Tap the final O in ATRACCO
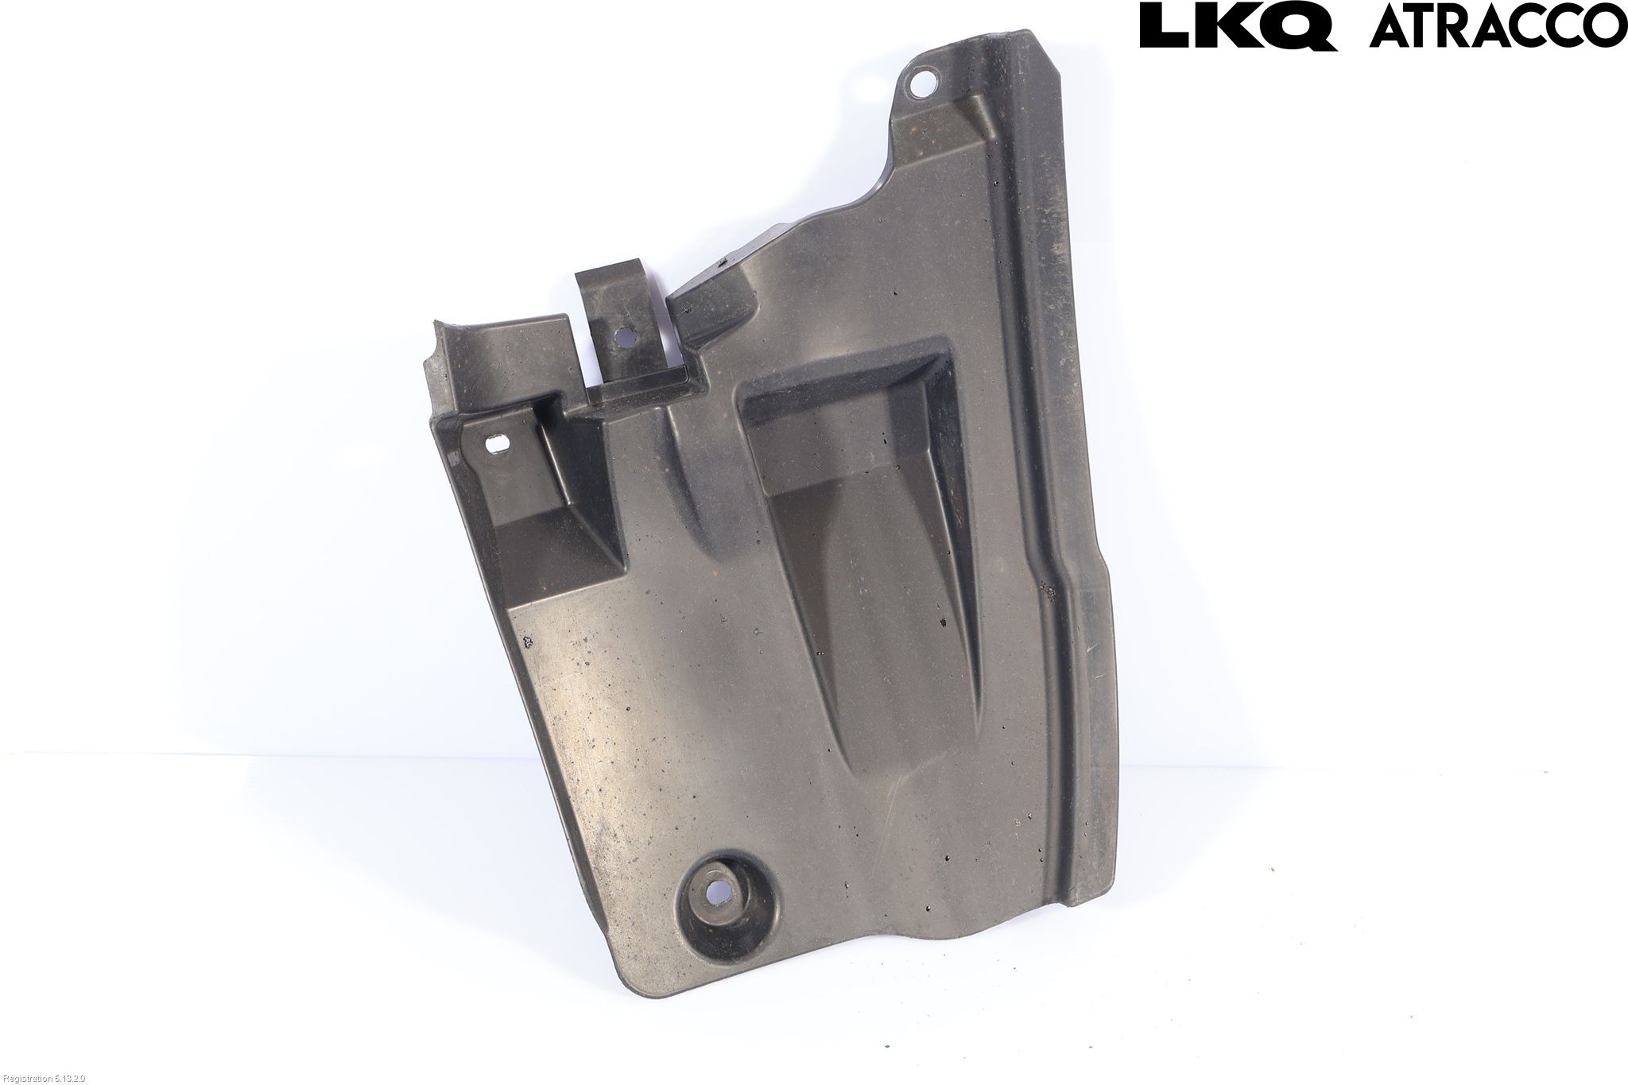(x=1603, y=27)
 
